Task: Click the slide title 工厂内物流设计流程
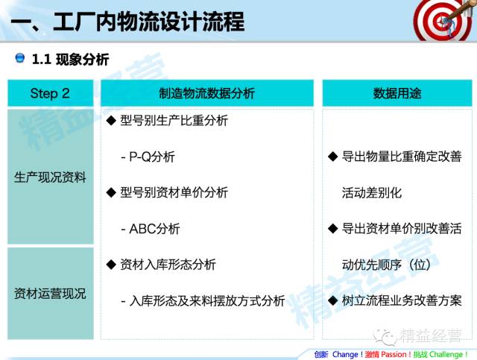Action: pos(149,22)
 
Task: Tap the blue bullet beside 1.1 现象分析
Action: pos(20,57)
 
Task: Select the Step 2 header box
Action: pos(51,93)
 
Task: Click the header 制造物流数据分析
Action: pos(207,93)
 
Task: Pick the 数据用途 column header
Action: pos(397,93)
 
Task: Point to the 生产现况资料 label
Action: pos(50,177)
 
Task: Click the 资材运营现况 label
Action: pos(50,294)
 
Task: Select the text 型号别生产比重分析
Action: pos(174,121)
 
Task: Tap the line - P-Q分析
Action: pos(148,157)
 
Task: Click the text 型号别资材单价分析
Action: pos(174,192)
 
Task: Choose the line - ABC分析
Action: pos(151,229)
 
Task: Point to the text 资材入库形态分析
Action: pos(168,265)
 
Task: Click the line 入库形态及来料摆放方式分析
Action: pos(207,301)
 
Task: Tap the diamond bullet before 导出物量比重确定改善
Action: pos(333,157)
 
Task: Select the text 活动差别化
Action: pos(372,192)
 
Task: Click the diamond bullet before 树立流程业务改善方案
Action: pos(333,300)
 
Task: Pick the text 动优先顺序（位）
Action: pos(386,265)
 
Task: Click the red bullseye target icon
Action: pos(440,21)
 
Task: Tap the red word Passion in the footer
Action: pos(394,355)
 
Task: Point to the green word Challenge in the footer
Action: pos(446,355)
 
